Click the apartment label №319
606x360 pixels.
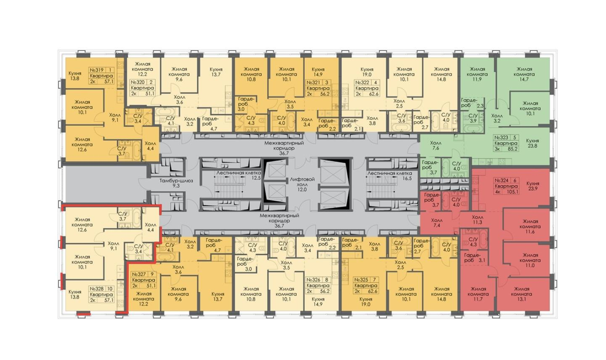coord(98,70)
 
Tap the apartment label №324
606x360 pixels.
coord(503,181)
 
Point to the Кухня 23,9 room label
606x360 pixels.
coord(532,186)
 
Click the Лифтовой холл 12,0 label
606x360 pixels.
coord(302,184)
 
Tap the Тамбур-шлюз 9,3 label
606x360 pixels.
coord(176,183)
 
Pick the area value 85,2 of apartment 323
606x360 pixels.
coord(512,149)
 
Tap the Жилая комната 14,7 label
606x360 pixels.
coord(525,74)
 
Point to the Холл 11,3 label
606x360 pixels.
coord(478,220)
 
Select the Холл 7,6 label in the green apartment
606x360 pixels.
coord(435,145)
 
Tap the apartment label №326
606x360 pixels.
coord(314,280)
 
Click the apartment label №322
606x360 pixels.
coord(362,82)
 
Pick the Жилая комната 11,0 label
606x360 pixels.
coord(530,260)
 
